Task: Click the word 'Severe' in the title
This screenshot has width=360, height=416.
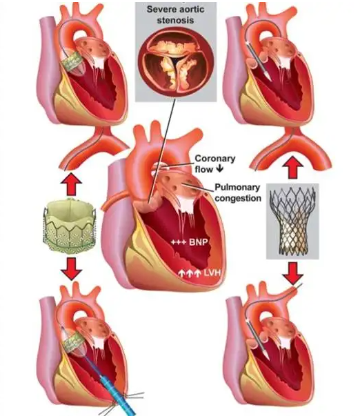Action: (161, 9)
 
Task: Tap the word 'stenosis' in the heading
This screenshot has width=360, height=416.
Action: (175, 20)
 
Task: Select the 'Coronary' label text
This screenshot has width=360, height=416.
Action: (215, 159)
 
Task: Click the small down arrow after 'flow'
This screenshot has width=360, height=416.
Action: (219, 169)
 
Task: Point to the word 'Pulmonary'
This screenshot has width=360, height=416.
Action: (237, 187)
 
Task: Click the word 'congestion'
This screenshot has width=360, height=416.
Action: (238, 198)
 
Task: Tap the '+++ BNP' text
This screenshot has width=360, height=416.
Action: (189, 241)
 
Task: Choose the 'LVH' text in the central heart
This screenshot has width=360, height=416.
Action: (212, 273)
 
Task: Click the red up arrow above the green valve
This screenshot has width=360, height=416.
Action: (71, 184)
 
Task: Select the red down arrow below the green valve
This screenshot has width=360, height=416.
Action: (71, 268)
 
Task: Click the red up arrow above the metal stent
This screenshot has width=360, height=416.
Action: (292, 168)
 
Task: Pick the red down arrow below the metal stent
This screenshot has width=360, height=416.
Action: (292, 273)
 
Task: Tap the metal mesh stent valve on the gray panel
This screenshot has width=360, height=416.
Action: (292, 220)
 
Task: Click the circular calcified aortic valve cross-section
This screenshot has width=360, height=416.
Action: (176, 61)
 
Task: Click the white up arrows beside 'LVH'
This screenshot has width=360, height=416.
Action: (189, 273)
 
